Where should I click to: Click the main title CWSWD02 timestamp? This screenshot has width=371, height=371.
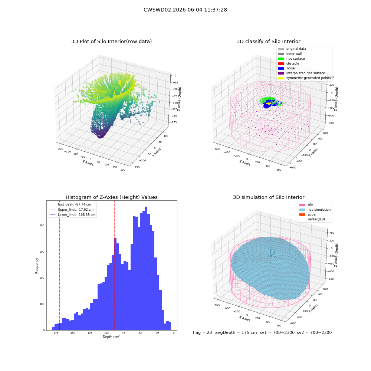tap(185, 10)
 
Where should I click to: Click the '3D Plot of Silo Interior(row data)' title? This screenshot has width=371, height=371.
tap(111, 42)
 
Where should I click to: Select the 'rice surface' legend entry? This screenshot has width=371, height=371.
tap(291, 59)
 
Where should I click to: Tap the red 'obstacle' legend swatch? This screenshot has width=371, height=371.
tap(281, 63)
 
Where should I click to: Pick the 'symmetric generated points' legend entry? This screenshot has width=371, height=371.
tap(304, 78)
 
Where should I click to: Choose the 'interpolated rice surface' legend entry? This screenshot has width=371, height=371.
tap(301, 73)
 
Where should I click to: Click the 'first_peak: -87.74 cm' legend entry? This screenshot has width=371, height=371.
tap(70, 204)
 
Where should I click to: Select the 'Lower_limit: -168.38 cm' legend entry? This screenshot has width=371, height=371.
tap(72, 215)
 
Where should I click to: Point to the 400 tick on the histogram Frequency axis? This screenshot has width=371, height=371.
tap(42, 226)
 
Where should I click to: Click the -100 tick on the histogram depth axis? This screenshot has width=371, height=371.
tap(105, 333)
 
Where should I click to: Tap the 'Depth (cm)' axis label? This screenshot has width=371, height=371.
tap(112, 337)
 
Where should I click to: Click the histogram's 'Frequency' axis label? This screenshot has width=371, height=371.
tap(37, 266)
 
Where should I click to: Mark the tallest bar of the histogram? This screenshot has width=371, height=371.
tap(146, 268)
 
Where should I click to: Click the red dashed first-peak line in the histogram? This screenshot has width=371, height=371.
tap(115, 266)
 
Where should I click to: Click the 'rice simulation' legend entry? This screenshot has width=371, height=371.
tap(315, 210)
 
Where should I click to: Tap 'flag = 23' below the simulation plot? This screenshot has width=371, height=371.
tap(202, 332)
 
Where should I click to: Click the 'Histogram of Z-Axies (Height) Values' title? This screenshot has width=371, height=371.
tap(111, 197)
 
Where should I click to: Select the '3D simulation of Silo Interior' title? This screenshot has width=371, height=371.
tap(269, 197)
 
